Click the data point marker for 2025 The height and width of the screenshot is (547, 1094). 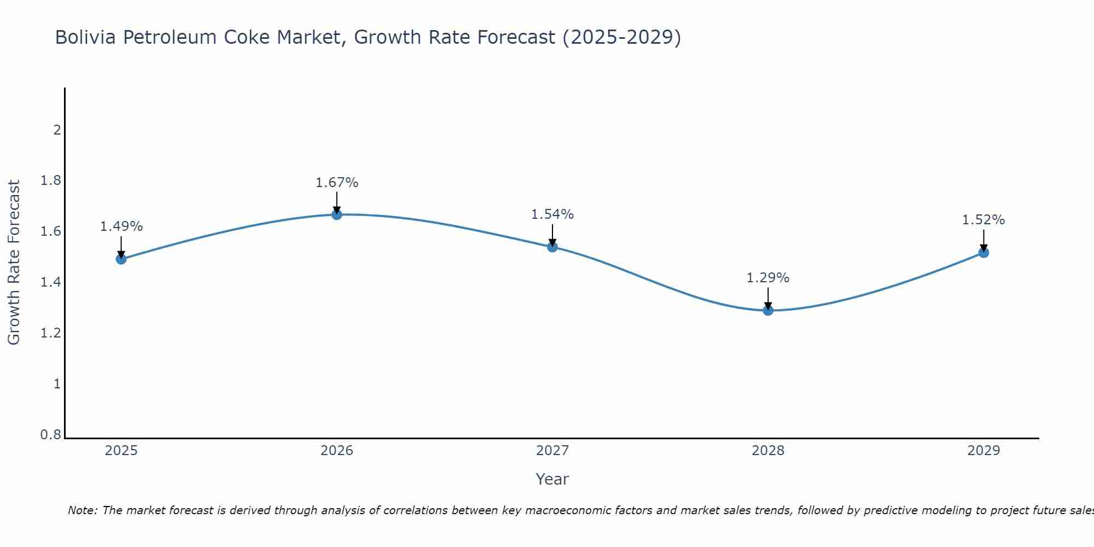click(x=121, y=259)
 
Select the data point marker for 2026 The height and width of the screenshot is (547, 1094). click(x=337, y=214)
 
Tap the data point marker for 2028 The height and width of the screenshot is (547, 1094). click(x=768, y=310)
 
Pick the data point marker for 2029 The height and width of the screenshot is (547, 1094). click(x=984, y=253)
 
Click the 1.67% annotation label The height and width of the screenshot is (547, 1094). click(x=337, y=183)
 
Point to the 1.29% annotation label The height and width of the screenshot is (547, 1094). click(x=768, y=278)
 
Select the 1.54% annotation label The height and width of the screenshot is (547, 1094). click(x=552, y=214)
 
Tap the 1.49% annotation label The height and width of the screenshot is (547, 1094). click(x=121, y=226)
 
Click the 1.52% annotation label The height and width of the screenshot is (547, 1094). click(x=984, y=220)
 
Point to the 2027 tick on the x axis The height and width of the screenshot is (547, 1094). click(x=552, y=451)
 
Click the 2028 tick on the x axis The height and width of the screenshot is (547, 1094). click(x=768, y=451)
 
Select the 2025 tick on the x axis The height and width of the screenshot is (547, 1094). click(x=121, y=451)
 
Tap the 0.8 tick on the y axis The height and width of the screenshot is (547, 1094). click(x=51, y=435)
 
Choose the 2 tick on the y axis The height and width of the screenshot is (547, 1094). click(x=57, y=130)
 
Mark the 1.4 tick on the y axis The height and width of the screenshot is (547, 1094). click(x=51, y=282)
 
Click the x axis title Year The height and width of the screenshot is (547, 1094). click(x=552, y=479)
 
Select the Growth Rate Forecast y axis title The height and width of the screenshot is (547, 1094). click(x=14, y=263)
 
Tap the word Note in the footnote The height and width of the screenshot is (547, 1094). click(x=82, y=510)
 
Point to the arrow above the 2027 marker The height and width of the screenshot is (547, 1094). click(x=552, y=235)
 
